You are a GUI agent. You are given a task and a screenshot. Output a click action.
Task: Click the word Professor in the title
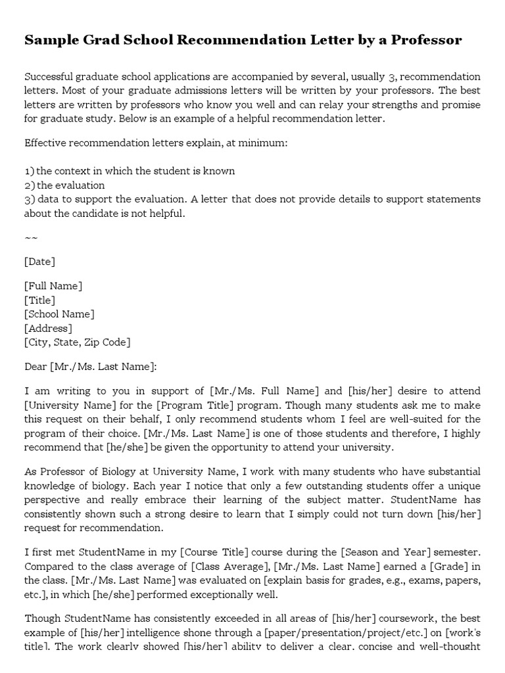click(427, 41)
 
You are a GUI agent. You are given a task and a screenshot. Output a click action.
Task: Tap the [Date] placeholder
click(39, 262)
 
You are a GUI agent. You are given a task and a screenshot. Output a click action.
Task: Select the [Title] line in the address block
click(39, 300)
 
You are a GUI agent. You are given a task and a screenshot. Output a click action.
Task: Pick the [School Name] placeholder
click(59, 314)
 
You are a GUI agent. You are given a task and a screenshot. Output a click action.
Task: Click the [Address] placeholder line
click(48, 328)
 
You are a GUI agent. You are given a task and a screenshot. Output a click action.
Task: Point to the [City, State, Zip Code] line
click(77, 342)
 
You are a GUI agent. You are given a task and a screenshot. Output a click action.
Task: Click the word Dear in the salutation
click(36, 366)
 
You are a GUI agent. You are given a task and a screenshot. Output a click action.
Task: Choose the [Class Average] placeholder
click(228, 566)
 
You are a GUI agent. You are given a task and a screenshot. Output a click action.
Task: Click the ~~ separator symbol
click(31, 237)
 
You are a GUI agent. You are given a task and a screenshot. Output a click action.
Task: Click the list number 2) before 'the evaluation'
click(29, 185)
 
